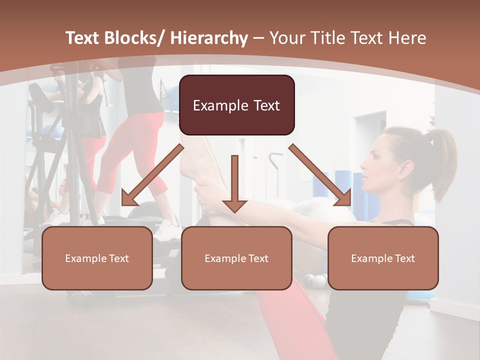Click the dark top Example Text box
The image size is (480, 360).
click(236, 105)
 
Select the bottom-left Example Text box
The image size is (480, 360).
click(97, 258)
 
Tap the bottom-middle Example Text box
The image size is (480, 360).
click(236, 258)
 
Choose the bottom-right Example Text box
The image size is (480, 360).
click(383, 258)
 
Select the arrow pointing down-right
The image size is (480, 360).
click(320, 175)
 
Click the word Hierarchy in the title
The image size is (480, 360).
click(209, 38)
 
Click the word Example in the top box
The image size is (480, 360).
click(217, 105)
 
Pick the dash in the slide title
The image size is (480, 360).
click(258, 38)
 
